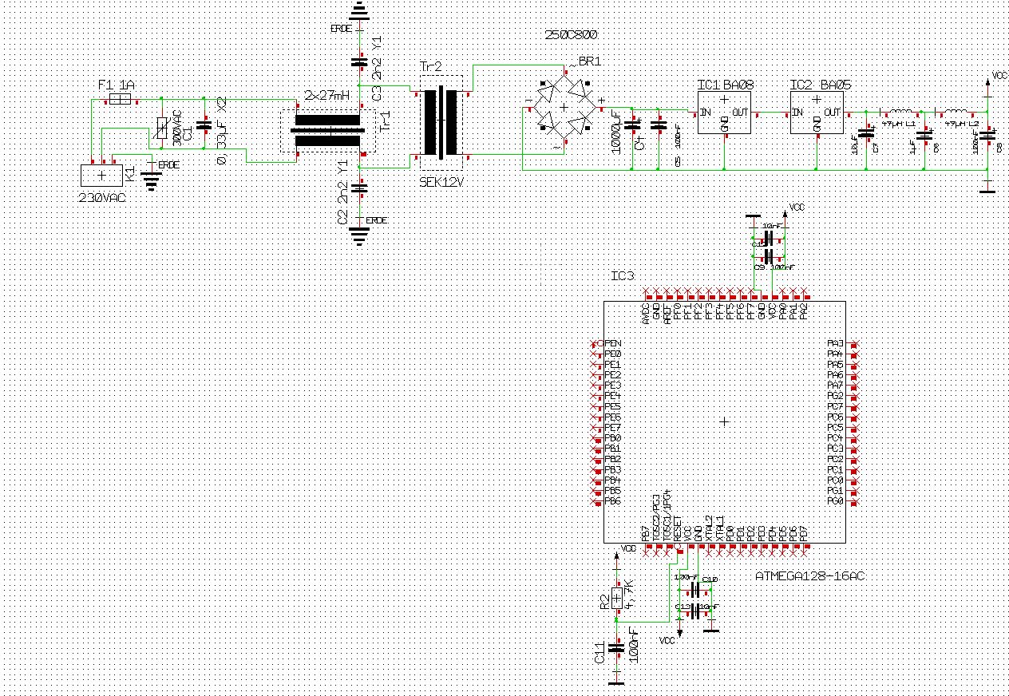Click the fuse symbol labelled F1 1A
(119, 99)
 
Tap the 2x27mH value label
(327, 96)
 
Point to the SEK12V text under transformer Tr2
(441, 181)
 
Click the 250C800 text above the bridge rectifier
(571, 35)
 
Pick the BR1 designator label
(589, 61)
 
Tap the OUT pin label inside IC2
(833, 113)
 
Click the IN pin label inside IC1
(706, 113)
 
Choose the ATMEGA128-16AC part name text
(810, 575)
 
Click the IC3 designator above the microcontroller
(622, 276)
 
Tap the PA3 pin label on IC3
(835, 343)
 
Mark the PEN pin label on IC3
(613, 343)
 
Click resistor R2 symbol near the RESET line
(616, 597)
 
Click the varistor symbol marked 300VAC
(162, 129)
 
